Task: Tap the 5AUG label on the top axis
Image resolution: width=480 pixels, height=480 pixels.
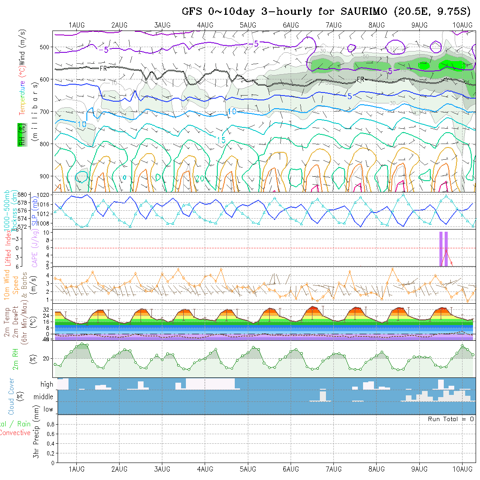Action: [x=248, y=25]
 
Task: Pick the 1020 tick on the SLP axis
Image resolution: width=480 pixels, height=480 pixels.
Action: [x=44, y=196]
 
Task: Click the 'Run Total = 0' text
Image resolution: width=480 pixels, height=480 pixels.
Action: [x=451, y=419]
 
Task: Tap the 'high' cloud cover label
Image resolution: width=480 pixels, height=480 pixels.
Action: [x=47, y=384]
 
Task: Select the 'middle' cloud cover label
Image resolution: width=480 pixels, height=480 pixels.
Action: [x=43, y=397]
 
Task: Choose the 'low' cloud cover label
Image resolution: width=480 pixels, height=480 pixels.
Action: [x=48, y=409]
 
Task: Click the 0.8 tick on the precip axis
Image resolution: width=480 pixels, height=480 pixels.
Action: [x=50, y=424]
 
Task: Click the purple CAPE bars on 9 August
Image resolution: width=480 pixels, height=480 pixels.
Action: [x=443, y=248]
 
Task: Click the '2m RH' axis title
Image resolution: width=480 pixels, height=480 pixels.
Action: [x=16, y=359]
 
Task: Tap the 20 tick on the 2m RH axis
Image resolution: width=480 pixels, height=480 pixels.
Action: [x=48, y=359]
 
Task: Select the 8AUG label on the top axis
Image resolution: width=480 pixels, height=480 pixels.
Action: [x=377, y=25]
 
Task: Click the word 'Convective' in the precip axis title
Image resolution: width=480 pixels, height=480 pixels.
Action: [x=15, y=433]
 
